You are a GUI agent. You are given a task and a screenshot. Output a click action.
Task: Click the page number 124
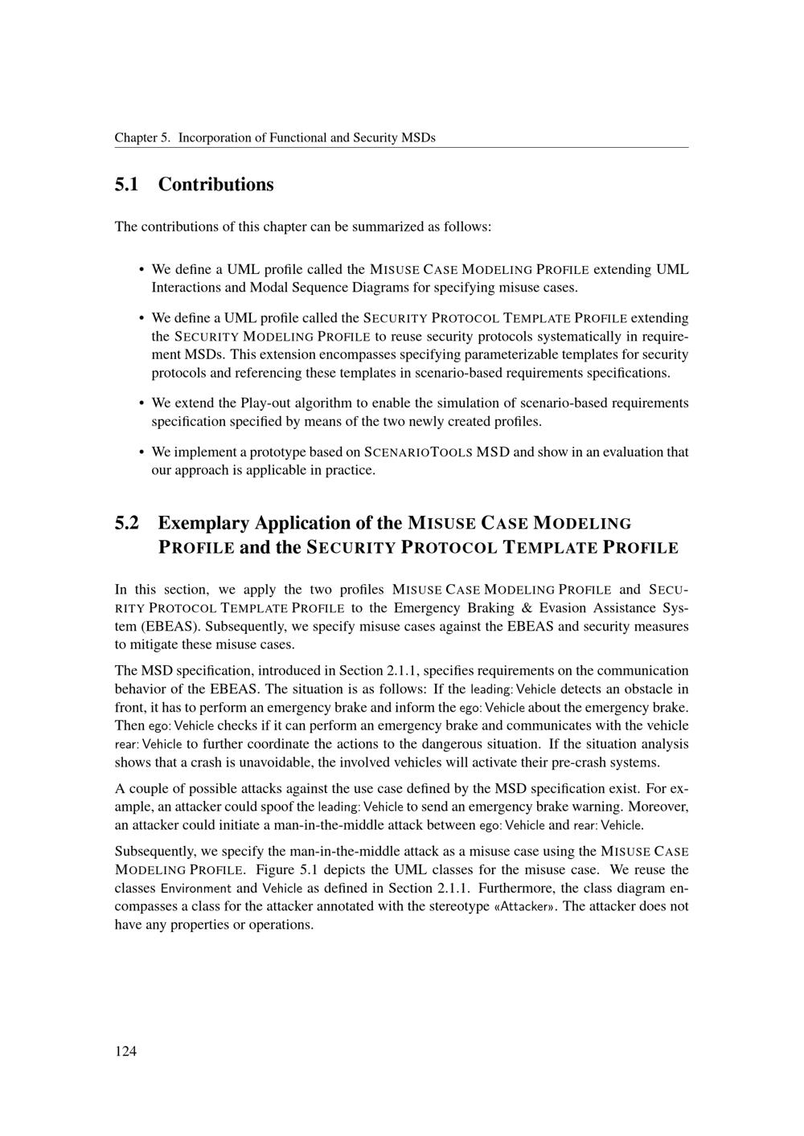click(125, 1051)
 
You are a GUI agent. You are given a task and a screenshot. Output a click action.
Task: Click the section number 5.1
click(127, 185)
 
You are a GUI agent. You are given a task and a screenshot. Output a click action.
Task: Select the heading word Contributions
click(215, 185)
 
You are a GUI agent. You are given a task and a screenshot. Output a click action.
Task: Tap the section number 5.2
click(127, 523)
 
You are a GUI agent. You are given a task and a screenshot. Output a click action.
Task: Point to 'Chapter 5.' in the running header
click(142, 137)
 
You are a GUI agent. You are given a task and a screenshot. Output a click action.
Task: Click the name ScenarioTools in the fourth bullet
click(418, 452)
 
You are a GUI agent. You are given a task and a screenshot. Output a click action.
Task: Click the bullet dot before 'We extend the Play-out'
click(142, 403)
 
